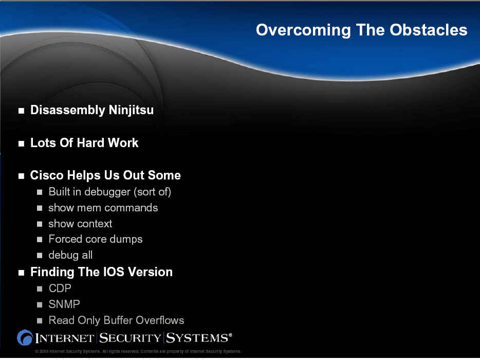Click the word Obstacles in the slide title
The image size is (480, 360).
[428, 30]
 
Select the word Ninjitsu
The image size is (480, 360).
[132, 110]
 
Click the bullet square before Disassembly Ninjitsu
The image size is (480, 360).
[21, 111]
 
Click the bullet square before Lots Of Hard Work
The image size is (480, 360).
[21, 143]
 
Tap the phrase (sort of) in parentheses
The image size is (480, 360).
[153, 192]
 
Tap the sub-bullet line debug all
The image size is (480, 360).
[70, 255]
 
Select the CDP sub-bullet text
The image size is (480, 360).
[60, 289]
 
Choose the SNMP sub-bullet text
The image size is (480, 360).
[64, 304]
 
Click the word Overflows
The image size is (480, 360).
[160, 320]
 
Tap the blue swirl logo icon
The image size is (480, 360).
[25, 338]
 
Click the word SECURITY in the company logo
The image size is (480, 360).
[131, 338]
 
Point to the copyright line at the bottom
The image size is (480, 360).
[138, 351]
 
